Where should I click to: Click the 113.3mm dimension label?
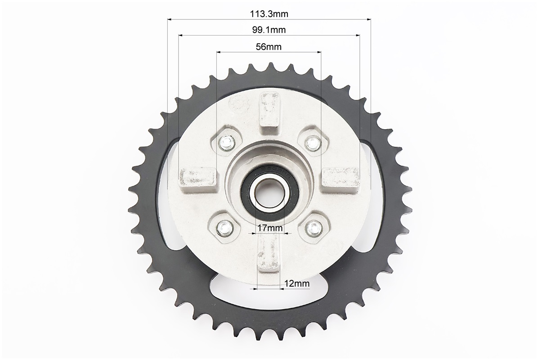269,14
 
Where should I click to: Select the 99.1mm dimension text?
269,30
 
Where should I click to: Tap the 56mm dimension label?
269,47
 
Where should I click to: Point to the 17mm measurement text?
270,228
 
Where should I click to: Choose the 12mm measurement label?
297,283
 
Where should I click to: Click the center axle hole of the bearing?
268,193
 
